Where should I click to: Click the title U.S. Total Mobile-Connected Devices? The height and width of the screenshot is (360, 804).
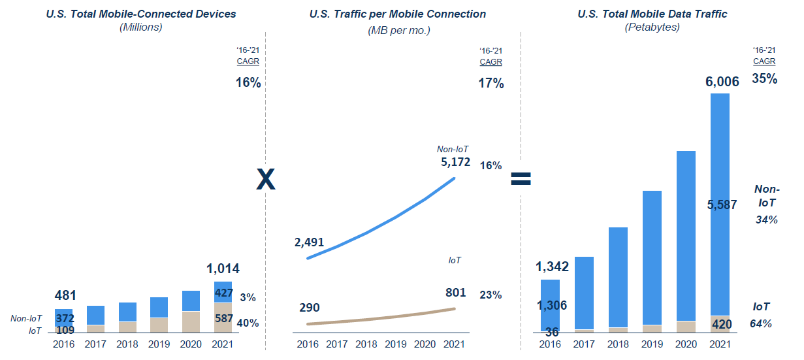(x=141, y=14)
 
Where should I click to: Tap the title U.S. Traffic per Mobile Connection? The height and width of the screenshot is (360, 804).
(x=398, y=14)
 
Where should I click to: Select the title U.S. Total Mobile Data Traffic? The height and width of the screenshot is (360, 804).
(x=652, y=14)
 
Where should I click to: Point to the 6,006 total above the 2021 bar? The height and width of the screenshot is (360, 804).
(x=721, y=82)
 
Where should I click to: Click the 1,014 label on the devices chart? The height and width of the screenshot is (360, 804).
(x=223, y=269)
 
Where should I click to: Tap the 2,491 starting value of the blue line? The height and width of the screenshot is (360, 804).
(x=309, y=242)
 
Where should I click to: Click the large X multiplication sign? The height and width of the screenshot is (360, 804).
(x=265, y=179)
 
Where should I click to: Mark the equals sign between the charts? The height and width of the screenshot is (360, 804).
(x=521, y=179)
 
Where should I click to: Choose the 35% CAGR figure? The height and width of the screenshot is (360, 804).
(x=764, y=79)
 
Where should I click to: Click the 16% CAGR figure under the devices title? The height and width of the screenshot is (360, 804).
(x=248, y=83)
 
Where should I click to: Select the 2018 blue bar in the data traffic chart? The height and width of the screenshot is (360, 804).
(x=618, y=277)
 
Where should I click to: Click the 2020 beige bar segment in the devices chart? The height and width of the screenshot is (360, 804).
(x=191, y=322)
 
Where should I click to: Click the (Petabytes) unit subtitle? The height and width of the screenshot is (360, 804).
(x=652, y=27)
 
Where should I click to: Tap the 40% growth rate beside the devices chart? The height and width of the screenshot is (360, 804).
(x=248, y=323)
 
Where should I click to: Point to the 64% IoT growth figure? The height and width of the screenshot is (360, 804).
(x=761, y=323)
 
